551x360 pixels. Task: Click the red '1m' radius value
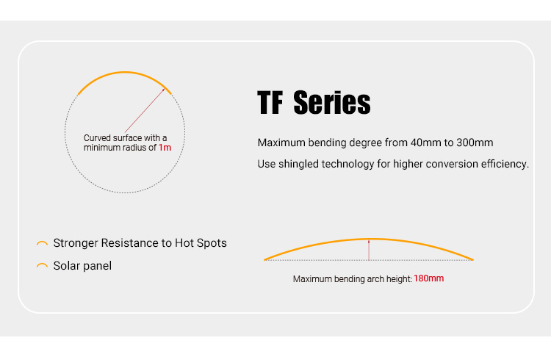(x=165, y=148)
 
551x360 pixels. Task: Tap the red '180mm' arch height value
(x=429, y=278)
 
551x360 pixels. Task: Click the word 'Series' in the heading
(x=332, y=103)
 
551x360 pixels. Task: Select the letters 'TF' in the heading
(x=270, y=103)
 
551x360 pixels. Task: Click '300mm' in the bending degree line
(x=475, y=143)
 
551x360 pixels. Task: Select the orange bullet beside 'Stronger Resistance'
(x=42, y=242)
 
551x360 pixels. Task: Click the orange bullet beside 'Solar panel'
(x=42, y=264)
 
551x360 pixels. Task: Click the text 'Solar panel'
(x=82, y=266)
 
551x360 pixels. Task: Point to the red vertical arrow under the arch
(x=369, y=251)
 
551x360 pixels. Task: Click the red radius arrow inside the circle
(x=145, y=111)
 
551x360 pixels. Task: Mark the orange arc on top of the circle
(x=124, y=73)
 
